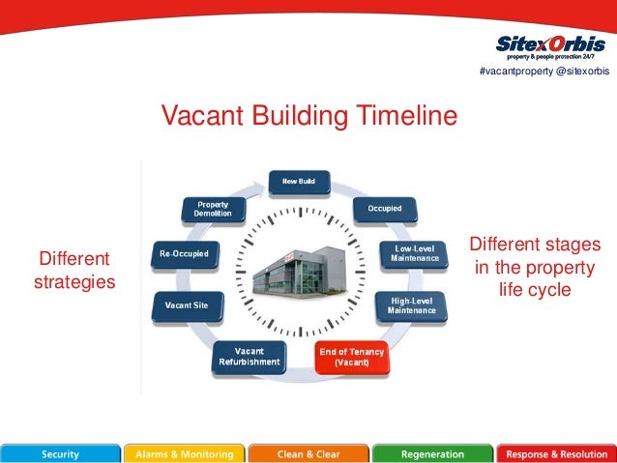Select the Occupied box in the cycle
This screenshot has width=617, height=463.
[x=391, y=208]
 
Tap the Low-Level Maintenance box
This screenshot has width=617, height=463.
[x=414, y=253]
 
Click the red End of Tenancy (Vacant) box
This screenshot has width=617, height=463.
[x=351, y=358]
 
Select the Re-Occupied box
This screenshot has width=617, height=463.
[x=184, y=254]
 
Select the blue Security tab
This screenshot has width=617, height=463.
[x=61, y=453]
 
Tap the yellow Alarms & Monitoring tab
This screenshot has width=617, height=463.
[x=184, y=453]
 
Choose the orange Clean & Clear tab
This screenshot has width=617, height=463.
[x=308, y=453]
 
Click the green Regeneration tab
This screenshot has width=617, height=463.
[x=431, y=453]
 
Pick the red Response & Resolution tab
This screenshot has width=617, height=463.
[x=556, y=453]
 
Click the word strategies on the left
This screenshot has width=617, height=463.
[x=74, y=282]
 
